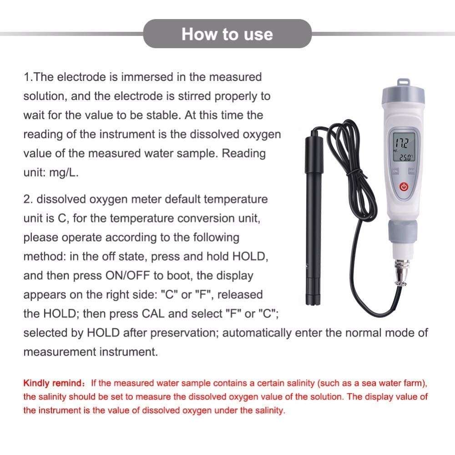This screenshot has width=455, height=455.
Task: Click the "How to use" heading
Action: click(227, 34)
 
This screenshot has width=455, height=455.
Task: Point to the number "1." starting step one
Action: click(28, 77)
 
